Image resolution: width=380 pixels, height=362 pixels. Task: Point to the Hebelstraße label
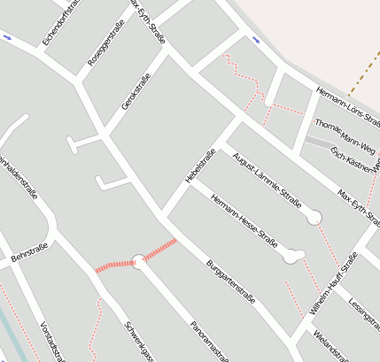pyautogui.click(x=201, y=166)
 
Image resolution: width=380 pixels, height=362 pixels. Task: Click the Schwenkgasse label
pyautogui.click(x=140, y=341)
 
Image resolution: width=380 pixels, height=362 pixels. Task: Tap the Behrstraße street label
pyautogui.click(x=27, y=255)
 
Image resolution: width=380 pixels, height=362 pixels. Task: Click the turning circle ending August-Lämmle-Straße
pyautogui.click(x=314, y=218)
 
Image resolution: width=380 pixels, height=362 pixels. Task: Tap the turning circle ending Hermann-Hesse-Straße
pyautogui.click(x=293, y=258)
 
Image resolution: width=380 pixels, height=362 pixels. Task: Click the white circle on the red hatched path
pyautogui.click(x=138, y=260)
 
